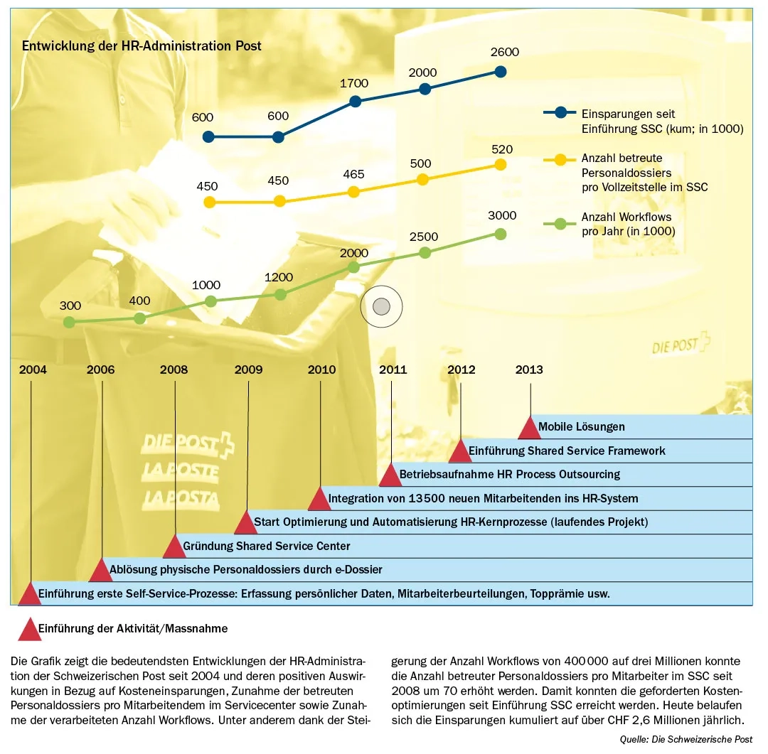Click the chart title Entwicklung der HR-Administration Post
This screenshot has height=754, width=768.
[142, 46]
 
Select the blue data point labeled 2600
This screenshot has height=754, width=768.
[500, 71]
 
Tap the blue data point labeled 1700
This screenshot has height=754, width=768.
[355, 102]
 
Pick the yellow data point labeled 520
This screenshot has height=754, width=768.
[500, 164]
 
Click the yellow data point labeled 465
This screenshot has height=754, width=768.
[353, 192]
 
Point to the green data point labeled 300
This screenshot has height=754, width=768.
[69, 322]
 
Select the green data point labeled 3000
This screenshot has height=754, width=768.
[500, 234]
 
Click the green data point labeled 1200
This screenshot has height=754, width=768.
[281, 294]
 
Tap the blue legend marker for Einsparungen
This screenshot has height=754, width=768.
[560, 112]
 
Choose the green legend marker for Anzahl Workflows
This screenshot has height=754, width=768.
[560, 223]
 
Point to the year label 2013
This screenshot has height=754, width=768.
[529, 370]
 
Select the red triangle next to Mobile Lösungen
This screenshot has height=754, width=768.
[529, 428]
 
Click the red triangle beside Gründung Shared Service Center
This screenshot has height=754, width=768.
[174, 547]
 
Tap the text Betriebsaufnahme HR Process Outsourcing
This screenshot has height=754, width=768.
[509, 474]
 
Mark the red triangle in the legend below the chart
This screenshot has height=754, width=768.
[29, 629]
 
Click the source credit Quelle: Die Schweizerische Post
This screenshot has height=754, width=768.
[686, 739]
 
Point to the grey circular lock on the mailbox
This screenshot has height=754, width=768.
[381, 306]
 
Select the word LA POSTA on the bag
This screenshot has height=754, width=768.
[181, 498]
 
